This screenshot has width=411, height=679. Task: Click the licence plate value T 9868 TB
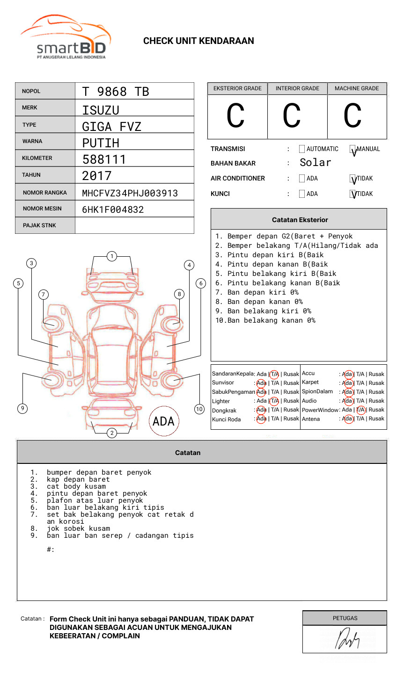coord(115,92)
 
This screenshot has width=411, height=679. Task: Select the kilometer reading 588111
coord(104,159)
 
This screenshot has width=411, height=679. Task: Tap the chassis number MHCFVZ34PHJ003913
coord(130,193)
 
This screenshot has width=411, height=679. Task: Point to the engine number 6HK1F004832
coord(113,209)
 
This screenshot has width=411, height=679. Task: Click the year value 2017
coord(97,176)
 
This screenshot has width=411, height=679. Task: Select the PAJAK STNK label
coord(39,225)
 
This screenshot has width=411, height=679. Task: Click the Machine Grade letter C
coord(352,116)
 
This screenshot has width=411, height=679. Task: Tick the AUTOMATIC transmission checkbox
coord(302,149)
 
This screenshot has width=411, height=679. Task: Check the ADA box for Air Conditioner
coord(302,179)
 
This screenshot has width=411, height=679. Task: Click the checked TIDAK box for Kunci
coord(353,194)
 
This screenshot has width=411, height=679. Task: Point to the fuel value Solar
coord(315,163)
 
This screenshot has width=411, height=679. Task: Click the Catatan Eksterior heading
coord(300,220)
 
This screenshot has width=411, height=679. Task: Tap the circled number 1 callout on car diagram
coord(111,256)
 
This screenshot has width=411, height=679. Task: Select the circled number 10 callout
coord(199,409)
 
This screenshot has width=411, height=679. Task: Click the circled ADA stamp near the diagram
coord(163,421)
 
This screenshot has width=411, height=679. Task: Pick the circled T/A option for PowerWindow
coord(361,410)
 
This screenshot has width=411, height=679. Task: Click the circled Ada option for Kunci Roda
coord(261,419)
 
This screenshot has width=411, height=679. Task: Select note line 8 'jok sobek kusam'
coord(78,528)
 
